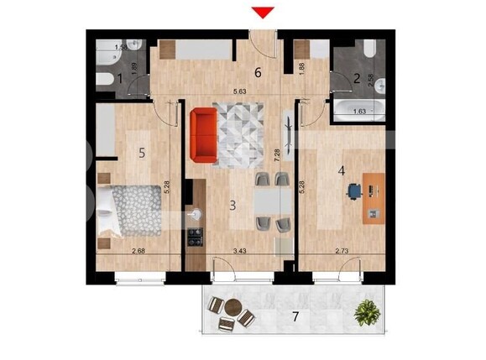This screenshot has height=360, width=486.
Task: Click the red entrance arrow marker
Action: (x=264, y=11)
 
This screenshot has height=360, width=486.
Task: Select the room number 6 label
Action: (x=258, y=72)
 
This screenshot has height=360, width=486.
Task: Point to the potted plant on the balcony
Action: (x=366, y=314)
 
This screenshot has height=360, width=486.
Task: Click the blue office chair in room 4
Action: (x=354, y=191)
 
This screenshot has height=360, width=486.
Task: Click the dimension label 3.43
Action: (x=239, y=250)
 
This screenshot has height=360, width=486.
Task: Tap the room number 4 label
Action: (x=341, y=171)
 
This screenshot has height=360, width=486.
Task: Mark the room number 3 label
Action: (x=232, y=204)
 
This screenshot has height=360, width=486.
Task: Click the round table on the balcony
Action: (x=232, y=309)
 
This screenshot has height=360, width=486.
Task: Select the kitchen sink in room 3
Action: (x=196, y=215)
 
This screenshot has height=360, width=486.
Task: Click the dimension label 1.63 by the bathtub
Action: (x=358, y=110)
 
